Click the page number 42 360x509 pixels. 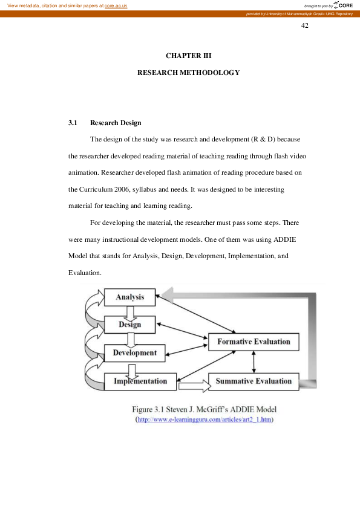click(x=305, y=25)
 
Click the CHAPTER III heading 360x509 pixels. click(x=188, y=56)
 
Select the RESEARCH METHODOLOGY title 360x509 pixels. click(x=188, y=73)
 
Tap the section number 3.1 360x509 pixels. click(x=73, y=123)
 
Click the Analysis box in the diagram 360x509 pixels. click(x=130, y=297)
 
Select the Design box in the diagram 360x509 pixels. click(x=130, y=325)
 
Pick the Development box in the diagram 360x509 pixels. click(x=134, y=352)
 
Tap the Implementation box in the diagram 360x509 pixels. click(x=140, y=381)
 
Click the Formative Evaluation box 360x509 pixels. click(x=254, y=342)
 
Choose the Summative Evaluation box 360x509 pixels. click(x=254, y=381)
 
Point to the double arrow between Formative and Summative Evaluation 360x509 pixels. click(x=254, y=361)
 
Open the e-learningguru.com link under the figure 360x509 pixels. click(x=206, y=420)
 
